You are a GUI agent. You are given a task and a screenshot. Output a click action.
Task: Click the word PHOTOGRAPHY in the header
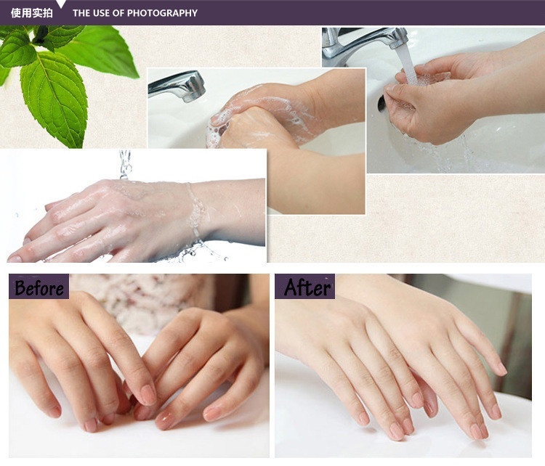(162, 13)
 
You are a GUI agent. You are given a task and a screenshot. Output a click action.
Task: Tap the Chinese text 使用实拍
(32, 13)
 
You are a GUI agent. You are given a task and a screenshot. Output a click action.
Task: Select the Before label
(39, 287)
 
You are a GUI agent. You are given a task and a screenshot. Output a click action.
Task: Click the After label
(304, 287)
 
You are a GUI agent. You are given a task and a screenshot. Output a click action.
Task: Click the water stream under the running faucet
(408, 66)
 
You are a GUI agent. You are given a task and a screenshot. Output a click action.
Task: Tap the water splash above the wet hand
(125, 164)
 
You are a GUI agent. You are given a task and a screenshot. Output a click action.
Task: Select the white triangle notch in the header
(61, 4)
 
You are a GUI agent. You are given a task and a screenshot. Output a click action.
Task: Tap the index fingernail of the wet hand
(15, 258)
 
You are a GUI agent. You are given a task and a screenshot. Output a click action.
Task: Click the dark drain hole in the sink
(381, 104)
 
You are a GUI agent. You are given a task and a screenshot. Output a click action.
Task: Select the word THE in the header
(81, 13)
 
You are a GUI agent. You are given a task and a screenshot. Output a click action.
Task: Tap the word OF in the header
(118, 13)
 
